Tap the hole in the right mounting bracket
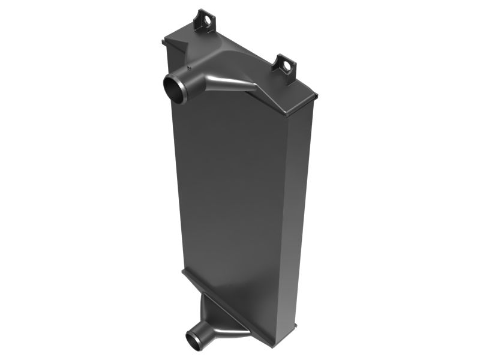click(x=286, y=64)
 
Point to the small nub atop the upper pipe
click(x=190, y=68)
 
